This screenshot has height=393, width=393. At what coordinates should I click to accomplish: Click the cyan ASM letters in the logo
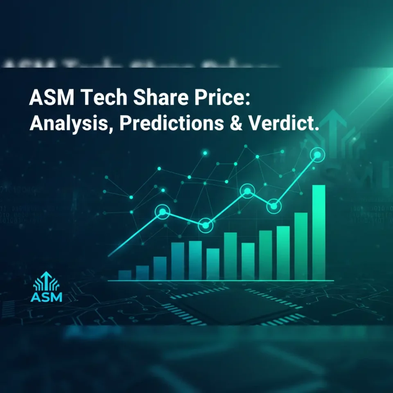tap(46, 296)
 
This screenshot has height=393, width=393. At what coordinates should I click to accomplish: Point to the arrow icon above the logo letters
tap(46, 281)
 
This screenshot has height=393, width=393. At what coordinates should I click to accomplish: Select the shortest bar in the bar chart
tap(124, 275)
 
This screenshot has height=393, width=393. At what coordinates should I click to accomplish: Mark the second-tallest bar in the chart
tap(300, 246)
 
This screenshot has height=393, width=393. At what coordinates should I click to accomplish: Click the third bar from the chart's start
tap(160, 268)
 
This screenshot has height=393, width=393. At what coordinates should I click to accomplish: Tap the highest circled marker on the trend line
tap(317, 155)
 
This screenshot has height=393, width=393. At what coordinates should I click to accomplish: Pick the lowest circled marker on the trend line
tap(206, 225)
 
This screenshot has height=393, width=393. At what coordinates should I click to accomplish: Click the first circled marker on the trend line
tap(163, 212)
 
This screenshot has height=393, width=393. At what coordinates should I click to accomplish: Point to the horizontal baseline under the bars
tap(221, 280)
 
